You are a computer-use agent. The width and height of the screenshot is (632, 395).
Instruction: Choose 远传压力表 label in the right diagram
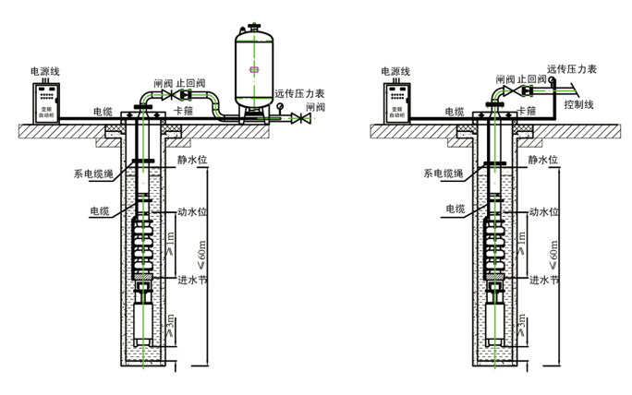573,68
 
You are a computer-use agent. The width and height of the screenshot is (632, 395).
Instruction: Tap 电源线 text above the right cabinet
395,71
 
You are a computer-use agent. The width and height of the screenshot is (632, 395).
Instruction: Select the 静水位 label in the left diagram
190,159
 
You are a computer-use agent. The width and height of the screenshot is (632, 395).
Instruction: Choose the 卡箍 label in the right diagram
528,110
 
